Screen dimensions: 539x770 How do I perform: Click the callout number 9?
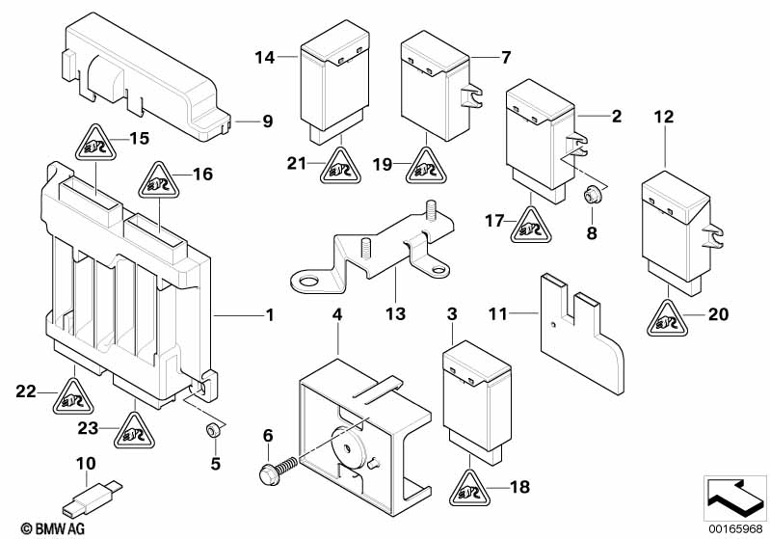click(x=267, y=121)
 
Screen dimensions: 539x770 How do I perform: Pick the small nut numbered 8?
click(x=591, y=195)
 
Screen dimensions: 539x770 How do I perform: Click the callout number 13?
click(x=397, y=313)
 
